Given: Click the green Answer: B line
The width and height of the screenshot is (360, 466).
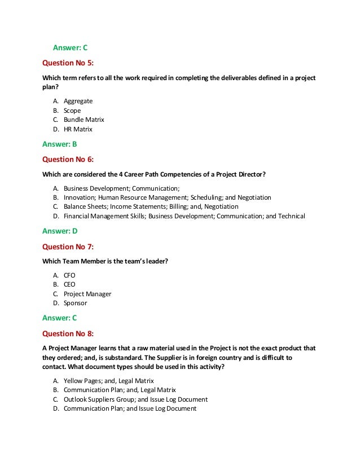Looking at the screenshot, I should click(x=60, y=144).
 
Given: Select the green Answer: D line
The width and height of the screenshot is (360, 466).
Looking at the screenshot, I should click(x=60, y=231).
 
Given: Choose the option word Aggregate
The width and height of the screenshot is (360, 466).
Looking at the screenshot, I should click(x=78, y=101).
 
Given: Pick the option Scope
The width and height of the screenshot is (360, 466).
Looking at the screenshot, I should click(x=72, y=111).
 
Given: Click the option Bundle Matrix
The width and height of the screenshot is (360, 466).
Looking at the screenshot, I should click(x=84, y=120).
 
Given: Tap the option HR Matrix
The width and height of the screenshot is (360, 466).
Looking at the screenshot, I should click(x=78, y=129).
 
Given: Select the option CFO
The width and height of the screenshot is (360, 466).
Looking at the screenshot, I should click(x=69, y=275).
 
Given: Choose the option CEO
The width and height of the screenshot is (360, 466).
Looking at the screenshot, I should click(x=69, y=284).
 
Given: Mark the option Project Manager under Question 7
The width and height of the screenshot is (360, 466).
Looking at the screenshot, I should click(x=87, y=294).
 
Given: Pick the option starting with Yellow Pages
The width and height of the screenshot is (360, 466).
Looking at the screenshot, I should click(x=109, y=381).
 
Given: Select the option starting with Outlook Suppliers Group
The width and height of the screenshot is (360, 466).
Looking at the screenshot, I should click(x=135, y=399).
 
